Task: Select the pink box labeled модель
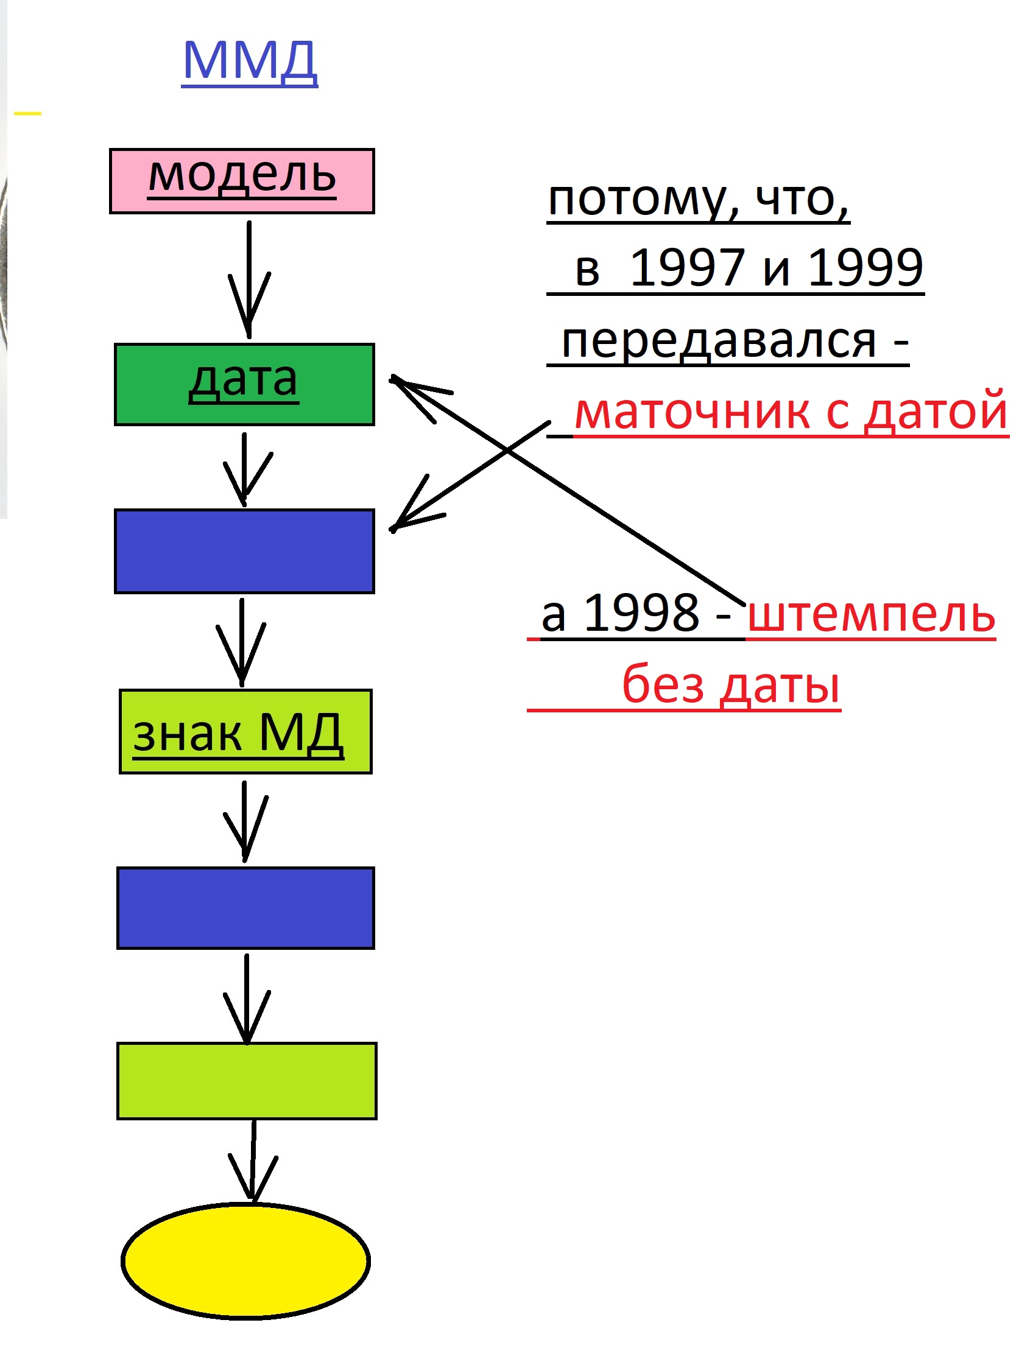(242, 181)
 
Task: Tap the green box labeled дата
(244, 384)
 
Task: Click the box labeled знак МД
(245, 731)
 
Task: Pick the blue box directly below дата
(244, 551)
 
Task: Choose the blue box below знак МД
(245, 908)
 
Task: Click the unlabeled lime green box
(247, 1081)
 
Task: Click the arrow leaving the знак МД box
(245, 821)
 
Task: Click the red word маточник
(693, 412)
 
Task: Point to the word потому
(643, 200)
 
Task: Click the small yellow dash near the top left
(27, 114)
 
